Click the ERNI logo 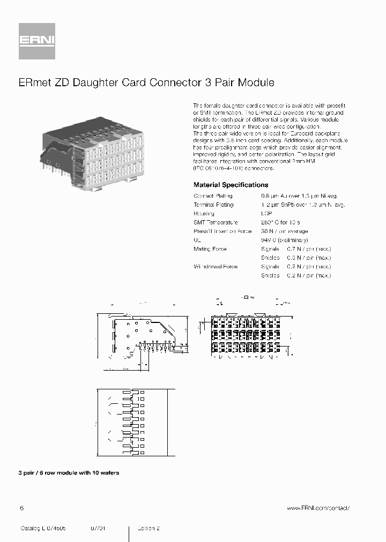coord(37,41)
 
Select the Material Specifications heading coord(231,184)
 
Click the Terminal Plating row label coord(213,205)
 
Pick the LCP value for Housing coord(267,213)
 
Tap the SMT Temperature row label coord(216,222)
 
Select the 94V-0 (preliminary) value coord(284,240)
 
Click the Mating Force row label coord(210,249)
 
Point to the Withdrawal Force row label coord(216,266)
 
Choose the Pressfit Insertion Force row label coord(222,231)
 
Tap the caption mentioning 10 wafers coord(69,473)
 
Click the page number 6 coord(21,508)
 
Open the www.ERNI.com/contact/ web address coord(318,508)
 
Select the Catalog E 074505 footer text coord(43,528)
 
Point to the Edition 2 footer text coord(149,528)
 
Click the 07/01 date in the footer coord(98,528)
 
